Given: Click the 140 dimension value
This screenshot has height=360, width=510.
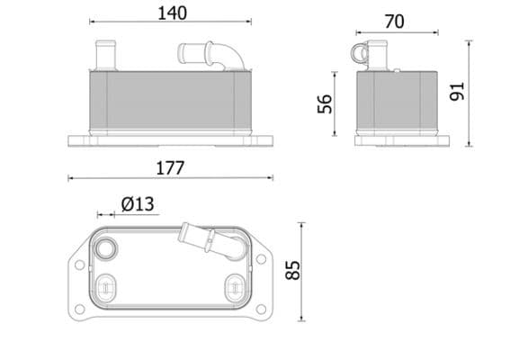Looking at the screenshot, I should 171,13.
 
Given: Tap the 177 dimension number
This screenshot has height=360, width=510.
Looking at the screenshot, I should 169,167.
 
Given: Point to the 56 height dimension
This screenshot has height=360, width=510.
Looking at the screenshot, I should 326,103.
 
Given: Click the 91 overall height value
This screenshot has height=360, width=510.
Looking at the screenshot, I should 456,91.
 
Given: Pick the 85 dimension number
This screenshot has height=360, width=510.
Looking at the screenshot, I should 291,270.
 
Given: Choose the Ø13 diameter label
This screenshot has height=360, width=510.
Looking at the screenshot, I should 138,204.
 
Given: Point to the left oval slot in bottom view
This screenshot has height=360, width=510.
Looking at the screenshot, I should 107,287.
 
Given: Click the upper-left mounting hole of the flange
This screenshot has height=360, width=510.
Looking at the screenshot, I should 81,265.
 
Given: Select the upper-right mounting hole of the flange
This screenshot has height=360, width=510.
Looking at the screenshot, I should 261,259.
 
